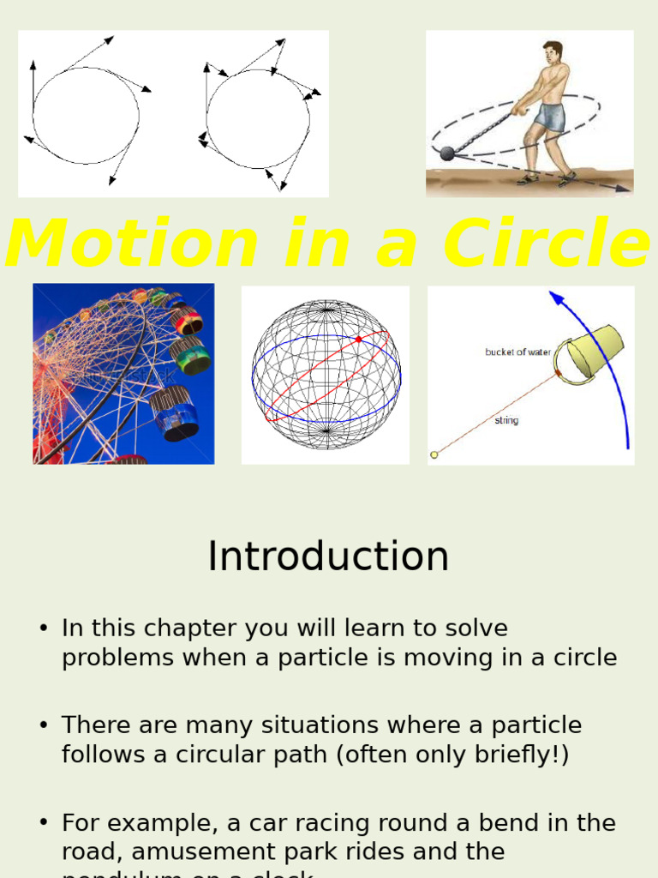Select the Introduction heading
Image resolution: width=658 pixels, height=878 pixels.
(x=328, y=556)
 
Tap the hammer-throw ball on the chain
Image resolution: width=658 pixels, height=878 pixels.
(x=447, y=153)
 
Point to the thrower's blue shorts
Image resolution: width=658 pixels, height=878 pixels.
(x=549, y=117)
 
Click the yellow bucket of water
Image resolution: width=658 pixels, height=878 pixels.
(x=593, y=352)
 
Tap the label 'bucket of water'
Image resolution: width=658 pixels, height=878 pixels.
(x=518, y=352)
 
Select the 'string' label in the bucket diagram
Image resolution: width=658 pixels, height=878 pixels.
(x=506, y=421)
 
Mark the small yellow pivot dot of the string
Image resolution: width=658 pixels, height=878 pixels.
(x=434, y=454)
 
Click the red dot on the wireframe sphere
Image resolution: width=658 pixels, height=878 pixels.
(x=358, y=340)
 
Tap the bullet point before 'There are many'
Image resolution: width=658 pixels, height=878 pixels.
(x=43, y=726)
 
